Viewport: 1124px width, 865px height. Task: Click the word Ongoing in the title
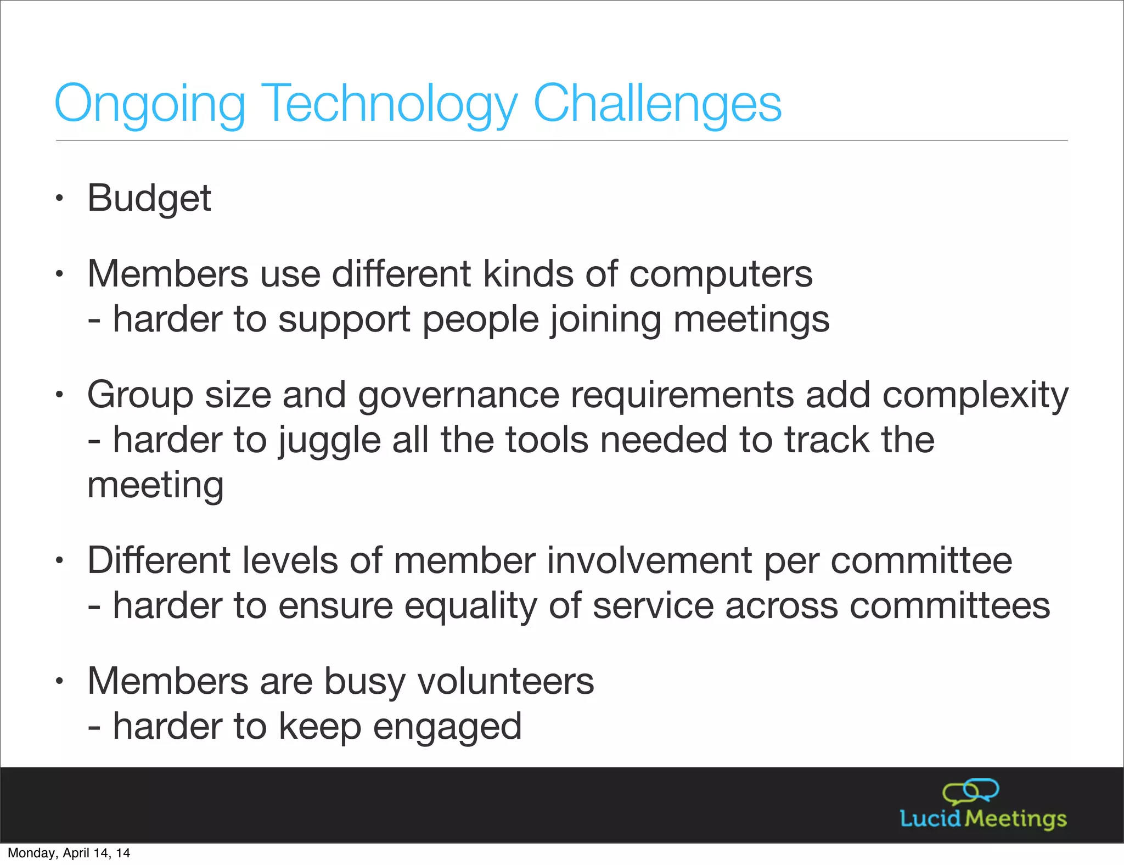point(149,104)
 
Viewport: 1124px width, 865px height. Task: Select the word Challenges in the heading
point(657,104)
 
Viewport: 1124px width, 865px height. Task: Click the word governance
point(458,395)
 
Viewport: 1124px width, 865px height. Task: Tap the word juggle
point(329,441)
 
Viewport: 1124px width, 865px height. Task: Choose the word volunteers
point(505,681)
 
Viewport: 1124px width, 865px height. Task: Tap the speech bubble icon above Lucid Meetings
point(970,791)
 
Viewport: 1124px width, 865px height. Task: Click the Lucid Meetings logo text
point(983,818)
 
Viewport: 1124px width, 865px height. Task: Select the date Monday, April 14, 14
point(69,853)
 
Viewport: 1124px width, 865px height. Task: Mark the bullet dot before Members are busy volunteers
point(59,682)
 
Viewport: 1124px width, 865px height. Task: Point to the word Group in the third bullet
point(140,395)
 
